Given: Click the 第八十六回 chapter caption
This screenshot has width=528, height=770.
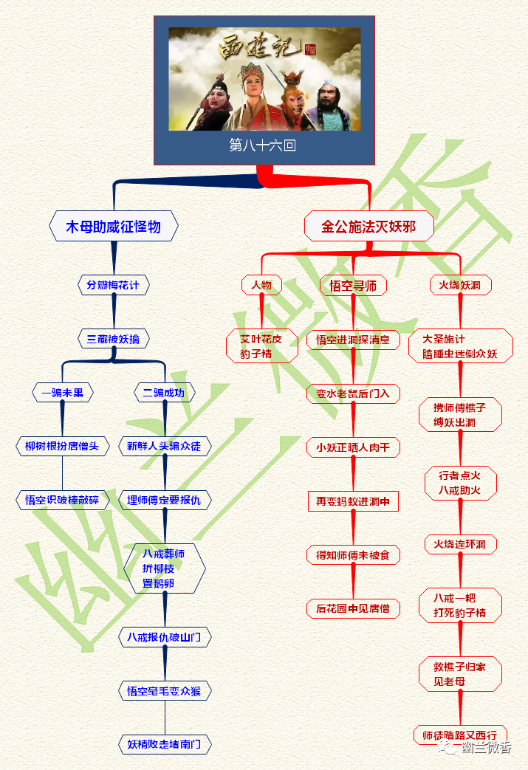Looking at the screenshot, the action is coord(264,145).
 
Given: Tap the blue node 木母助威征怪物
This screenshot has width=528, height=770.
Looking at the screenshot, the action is coord(113,226).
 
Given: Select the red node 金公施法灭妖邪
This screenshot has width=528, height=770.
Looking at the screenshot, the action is coord(368,226).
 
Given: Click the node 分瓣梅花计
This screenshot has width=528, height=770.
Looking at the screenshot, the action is coord(114,284).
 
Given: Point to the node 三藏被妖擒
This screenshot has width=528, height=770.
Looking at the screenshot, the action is coord(113,339).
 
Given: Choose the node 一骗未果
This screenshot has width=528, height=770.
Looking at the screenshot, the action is coord(62,393).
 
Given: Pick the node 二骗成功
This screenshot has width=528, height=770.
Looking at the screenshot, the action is coord(164,393).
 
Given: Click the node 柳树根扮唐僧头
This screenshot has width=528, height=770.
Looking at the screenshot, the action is coord(62,446).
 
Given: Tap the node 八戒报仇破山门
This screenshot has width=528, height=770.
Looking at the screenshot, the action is coord(164,636).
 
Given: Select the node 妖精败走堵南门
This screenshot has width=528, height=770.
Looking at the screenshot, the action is coord(164,743).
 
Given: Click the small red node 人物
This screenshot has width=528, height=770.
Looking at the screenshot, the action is coord(261,284).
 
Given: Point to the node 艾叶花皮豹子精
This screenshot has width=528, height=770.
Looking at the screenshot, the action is coord(261,346).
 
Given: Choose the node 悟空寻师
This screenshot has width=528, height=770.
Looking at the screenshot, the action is coord(353,284).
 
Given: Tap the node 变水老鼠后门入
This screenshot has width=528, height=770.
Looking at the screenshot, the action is coord(353,393).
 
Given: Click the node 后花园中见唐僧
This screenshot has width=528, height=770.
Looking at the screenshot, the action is coord(353,608).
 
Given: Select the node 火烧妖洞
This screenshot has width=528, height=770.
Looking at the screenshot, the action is coord(460,284).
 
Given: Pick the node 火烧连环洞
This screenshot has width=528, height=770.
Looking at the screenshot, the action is coord(460,545).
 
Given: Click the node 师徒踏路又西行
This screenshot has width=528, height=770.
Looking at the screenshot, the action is coord(460,735).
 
